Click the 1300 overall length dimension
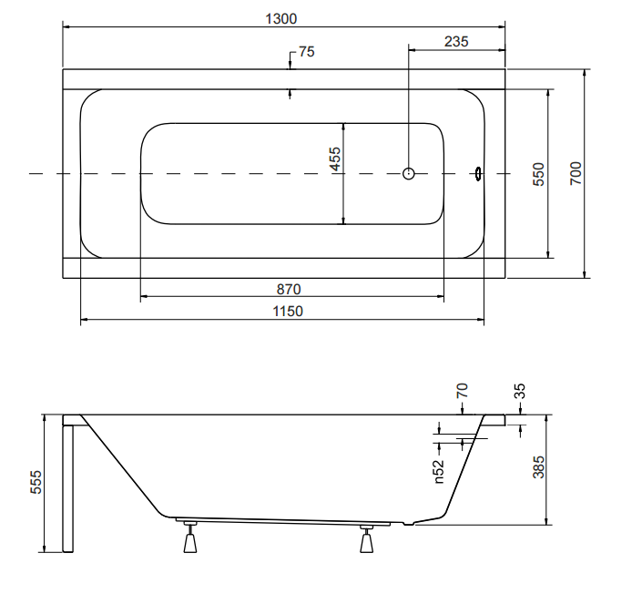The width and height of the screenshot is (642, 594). click(284, 18)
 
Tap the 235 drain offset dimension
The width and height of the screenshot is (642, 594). click(456, 41)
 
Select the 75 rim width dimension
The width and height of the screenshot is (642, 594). click(306, 52)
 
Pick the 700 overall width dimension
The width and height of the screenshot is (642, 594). click(575, 172)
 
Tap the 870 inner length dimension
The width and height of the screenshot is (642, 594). click(289, 290)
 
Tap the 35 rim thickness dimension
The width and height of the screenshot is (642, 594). click(520, 393)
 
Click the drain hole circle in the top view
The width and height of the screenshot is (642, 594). click(409, 173)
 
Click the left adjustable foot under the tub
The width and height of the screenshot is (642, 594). click(190, 539)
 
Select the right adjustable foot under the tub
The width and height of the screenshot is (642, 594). click(367, 540)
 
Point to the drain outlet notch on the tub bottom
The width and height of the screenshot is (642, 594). click(407, 524)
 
